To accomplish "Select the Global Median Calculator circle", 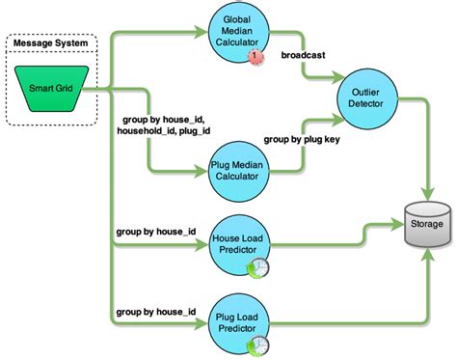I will pyautogui.click(x=236, y=34).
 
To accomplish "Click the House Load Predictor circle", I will pyautogui.click(x=236, y=245).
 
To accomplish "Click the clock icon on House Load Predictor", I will pyautogui.click(x=262, y=269).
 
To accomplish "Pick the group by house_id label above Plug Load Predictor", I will pyautogui.click(x=155, y=311).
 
